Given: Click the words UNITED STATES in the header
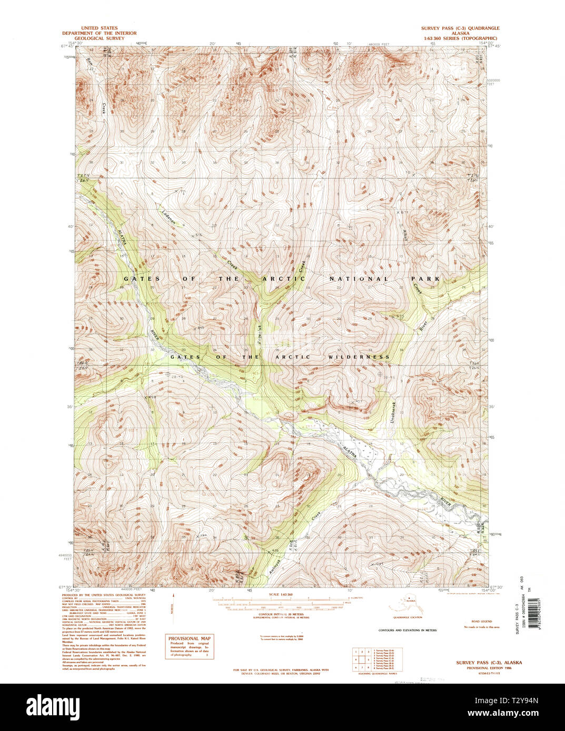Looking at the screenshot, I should tap(99, 28).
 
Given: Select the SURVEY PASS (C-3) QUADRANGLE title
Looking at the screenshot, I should tap(460, 28).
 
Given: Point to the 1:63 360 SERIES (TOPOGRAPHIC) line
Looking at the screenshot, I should tap(460, 38).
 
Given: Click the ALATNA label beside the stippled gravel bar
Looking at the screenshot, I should tap(350, 452).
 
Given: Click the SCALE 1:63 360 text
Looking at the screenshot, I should tap(280, 594).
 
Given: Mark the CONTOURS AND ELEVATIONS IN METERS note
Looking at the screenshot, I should tap(408, 630).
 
